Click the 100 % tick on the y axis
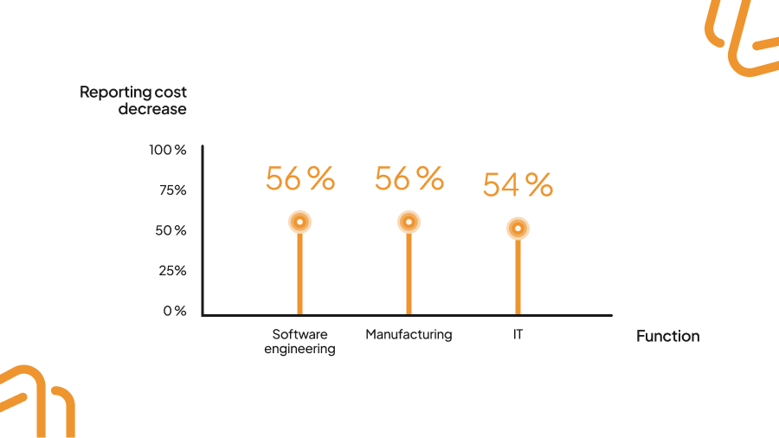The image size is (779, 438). (x=167, y=150)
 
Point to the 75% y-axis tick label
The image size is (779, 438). (x=172, y=190)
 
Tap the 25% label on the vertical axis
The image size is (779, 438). (x=172, y=271)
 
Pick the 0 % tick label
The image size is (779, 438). (x=174, y=311)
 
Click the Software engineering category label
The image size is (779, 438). (x=299, y=342)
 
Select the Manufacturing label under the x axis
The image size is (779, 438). (x=409, y=334)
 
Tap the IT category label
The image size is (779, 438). (x=518, y=334)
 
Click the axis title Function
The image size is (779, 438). (x=667, y=337)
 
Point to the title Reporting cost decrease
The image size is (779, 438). (x=133, y=100)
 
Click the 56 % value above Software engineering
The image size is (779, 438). (x=299, y=179)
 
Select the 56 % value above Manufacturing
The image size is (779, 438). (x=409, y=179)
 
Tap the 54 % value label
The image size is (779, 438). (x=518, y=185)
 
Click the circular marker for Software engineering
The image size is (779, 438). (x=299, y=222)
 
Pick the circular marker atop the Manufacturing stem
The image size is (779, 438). (x=409, y=222)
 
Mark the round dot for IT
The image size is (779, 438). (x=518, y=229)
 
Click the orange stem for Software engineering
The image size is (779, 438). (x=299, y=273)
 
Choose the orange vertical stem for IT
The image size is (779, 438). (x=518, y=277)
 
